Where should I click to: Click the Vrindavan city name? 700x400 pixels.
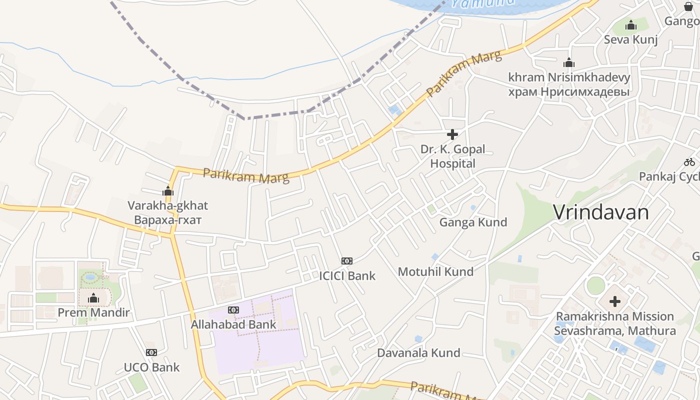[600, 212]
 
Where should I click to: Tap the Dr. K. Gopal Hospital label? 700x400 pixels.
[452, 156]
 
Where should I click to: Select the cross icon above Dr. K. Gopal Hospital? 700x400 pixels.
[452, 134]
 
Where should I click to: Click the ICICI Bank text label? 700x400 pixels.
[347, 275]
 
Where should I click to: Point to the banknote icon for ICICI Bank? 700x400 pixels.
[347, 261]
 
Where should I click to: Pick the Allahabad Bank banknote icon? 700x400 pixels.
[233, 310]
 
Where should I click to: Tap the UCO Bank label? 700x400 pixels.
[151, 367]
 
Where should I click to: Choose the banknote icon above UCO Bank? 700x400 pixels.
[151, 352]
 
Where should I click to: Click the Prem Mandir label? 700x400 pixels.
[93, 313]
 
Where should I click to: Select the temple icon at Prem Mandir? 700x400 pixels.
[93, 298]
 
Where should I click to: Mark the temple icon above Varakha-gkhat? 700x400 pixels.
[168, 191]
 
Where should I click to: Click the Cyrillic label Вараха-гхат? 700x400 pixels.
[168, 220]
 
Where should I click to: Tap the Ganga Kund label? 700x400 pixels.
[473, 222]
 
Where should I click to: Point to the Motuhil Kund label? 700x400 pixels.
[435, 271]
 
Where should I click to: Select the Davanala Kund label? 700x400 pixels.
[418, 352]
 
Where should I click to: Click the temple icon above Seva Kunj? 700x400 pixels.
[631, 24]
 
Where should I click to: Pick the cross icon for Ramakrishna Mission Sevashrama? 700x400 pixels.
[615, 301]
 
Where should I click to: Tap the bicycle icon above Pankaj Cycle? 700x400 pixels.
[689, 162]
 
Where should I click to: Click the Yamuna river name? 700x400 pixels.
[482, 3]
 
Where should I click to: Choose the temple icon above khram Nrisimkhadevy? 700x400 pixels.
[569, 63]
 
